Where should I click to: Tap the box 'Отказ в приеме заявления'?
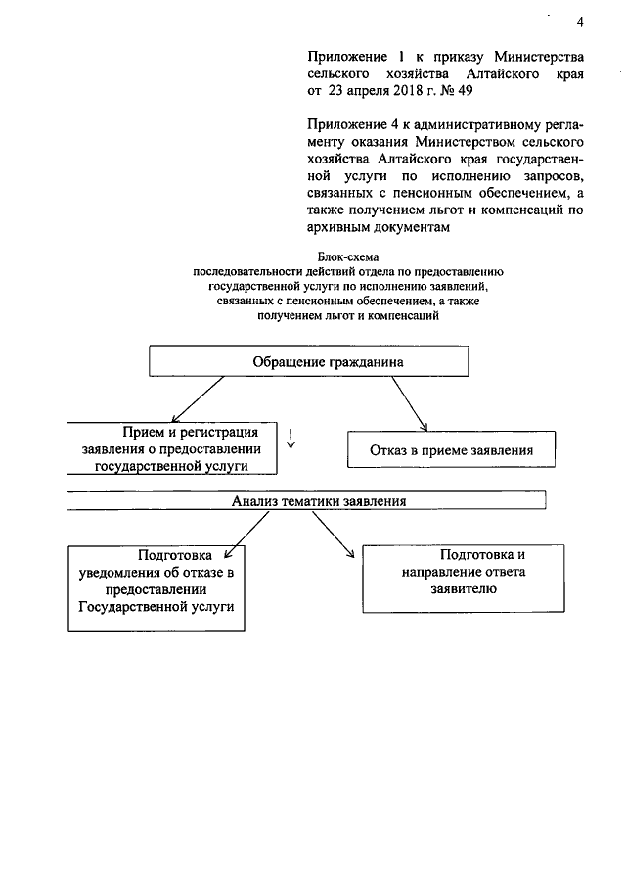[x=451, y=451]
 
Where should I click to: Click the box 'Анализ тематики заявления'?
[x=305, y=501]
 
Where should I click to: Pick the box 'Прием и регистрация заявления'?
[x=171, y=448]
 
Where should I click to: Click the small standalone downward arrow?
[x=291, y=437]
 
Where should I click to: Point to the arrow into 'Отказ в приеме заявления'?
[x=410, y=404]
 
